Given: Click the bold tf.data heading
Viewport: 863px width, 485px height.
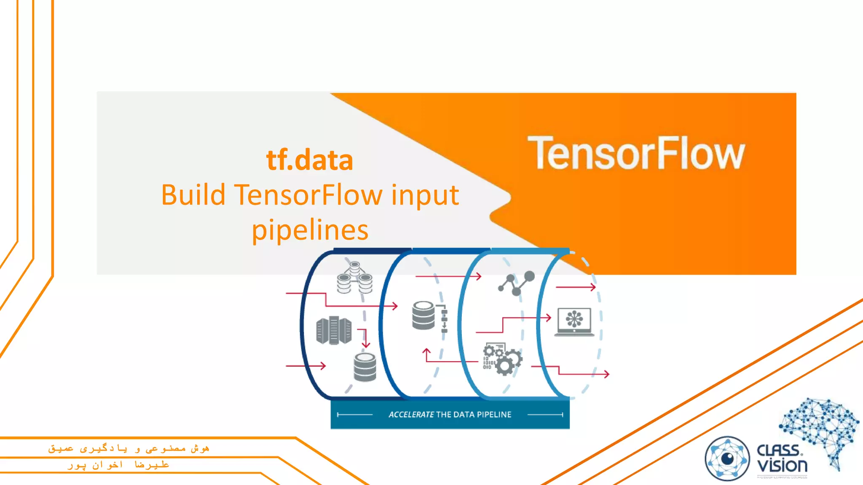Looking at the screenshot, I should pyautogui.click(x=310, y=160).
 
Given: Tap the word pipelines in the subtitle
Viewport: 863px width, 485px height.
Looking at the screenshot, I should pyautogui.click(x=310, y=230).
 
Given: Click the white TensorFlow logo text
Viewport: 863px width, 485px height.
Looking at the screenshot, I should pyautogui.click(x=636, y=153).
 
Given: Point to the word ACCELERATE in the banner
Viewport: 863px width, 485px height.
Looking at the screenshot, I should pyautogui.click(x=411, y=415).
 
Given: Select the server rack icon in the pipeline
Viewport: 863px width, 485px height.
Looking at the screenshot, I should pyautogui.click(x=334, y=330).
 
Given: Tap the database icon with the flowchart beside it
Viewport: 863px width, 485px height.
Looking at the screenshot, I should pyautogui.click(x=429, y=316).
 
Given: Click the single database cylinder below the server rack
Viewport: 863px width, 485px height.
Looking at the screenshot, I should pyautogui.click(x=365, y=367).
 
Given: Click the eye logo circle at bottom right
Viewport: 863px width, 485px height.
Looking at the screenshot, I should pyautogui.click(x=727, y=458).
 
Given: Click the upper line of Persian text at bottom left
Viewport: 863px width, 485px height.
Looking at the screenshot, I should pyautogui.click(x=129, y=449).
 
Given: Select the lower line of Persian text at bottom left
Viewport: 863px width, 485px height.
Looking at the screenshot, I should pyautogui.click(x=118, y=465).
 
